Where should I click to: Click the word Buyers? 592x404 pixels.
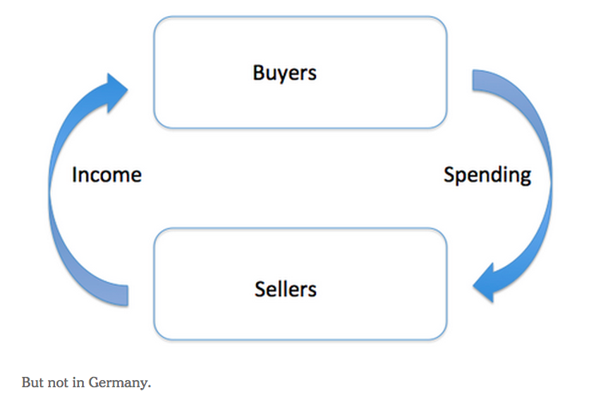coord(284,73)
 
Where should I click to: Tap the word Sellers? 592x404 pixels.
coord(285,288)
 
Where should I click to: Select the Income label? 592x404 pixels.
coord(106,175)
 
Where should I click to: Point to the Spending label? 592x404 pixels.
coord(487,175)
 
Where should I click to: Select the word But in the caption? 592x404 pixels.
coord(32,382)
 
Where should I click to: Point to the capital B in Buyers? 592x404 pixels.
coord(259,73)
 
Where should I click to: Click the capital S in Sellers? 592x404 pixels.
coord(260,288)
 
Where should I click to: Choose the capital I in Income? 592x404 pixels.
coord(74,175)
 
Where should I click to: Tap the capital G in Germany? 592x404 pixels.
coord(95,382)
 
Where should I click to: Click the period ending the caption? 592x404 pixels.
coord(149,386)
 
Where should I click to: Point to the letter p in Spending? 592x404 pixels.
coord(462,177)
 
